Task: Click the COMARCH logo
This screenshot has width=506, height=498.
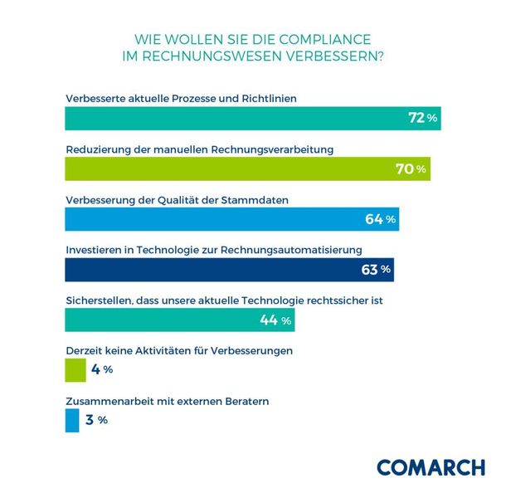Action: (431, 467)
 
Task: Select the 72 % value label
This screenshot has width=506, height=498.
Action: (422, 119)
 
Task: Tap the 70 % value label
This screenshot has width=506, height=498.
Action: (411, 169)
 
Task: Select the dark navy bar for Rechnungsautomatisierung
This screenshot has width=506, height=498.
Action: (207, 270)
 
